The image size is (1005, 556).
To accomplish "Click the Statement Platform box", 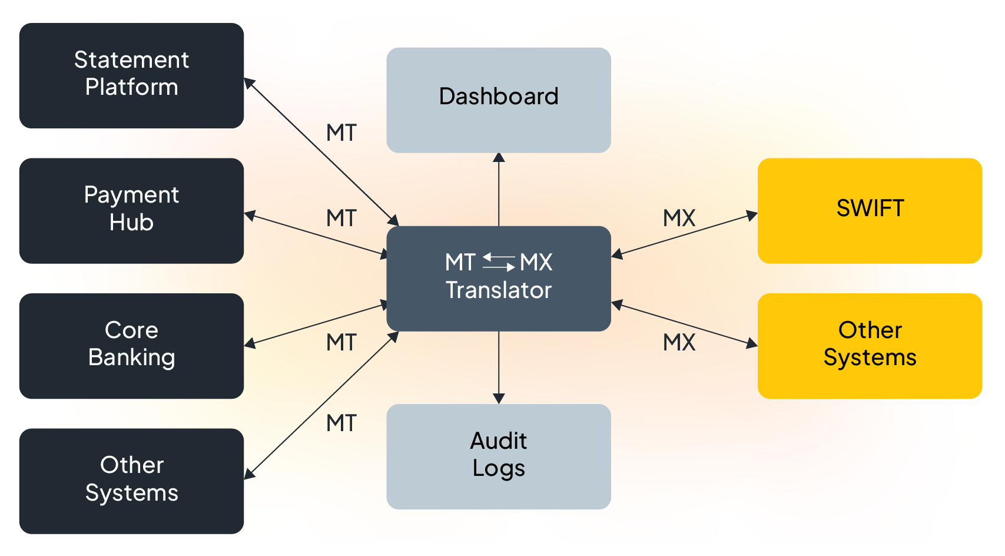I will [131, 75].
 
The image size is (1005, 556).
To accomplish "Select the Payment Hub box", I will [131, 210].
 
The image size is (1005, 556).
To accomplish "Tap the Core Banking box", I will [131, 346].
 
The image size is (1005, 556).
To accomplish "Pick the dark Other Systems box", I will [131, 481].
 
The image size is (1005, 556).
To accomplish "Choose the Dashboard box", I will [498, 100].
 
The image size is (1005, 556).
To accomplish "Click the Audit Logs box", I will [498, 456].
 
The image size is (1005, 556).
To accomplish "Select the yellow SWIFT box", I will [869, 210].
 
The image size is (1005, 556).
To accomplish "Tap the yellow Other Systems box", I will [869, 346].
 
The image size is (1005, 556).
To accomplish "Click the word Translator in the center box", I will [498, 290].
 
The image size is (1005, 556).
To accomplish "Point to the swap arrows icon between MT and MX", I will [498, 262].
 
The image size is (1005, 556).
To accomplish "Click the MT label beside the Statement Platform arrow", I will [341, 133].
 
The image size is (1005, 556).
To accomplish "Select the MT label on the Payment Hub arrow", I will [341, 219].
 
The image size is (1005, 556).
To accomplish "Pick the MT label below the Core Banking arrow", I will [341, 343].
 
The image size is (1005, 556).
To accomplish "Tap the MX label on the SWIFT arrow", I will [679, 219].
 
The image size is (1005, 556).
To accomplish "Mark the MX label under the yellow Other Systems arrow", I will [679, 343].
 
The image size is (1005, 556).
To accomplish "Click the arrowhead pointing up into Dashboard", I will [499, 157].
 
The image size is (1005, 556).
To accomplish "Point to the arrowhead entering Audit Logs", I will [499, 399].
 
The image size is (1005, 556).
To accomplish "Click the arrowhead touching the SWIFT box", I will [752, 215].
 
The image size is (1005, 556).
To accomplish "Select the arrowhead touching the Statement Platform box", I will [249, 83].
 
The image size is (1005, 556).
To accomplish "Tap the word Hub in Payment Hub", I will [131, 223].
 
